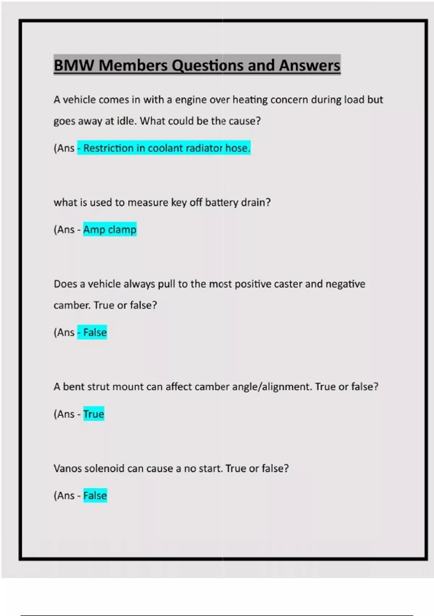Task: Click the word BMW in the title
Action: [x=74, y=66]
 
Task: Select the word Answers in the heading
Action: [x=310, y=66]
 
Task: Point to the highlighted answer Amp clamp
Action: [x=110, y=230]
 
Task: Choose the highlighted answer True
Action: [x=94, y=414]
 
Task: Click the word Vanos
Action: [x=68, y=469]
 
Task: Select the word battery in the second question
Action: [x=221, y=203]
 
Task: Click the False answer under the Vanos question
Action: [x=95, y=495]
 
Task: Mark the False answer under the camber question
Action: [x=95, y=332]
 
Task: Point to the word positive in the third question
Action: [x=253, y=284]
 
